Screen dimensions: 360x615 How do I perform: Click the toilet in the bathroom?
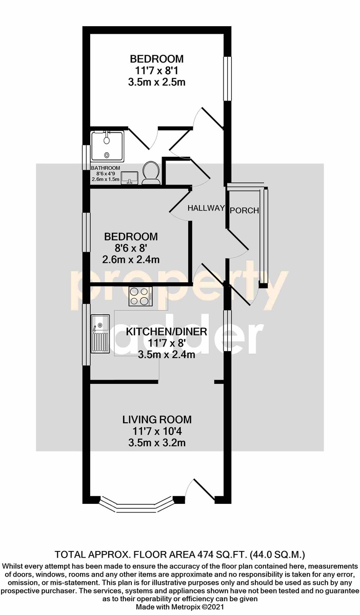pyautogui.click(x=151, y=173)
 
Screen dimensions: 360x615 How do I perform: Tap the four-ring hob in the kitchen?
pyautogui.click(x=141, y=296)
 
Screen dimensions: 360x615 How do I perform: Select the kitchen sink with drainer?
pyautogui.click(x=101, y=333)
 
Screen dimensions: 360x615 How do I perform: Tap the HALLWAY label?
pyautogui.click(x=206, y=208)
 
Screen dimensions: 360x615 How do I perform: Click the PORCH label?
pyautogui.click(x=244, y=211)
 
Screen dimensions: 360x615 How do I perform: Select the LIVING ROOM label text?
pyautogui.click(x=157, y=420)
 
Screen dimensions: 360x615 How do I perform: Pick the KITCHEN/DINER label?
pyautogui.click(x=166, y=332)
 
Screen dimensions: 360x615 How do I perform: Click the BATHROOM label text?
pyautogui.click(x=106, y=168)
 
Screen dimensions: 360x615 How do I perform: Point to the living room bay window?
pyautogui.click(x=136, y=504)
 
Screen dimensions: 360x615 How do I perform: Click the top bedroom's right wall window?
pyautogui.click(x=227, y=78)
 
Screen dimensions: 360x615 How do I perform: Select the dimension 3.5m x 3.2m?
pyautogui.click(x=157, y=443)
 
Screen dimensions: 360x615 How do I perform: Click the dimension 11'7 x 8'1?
pyautogui.click(x=157, y=71)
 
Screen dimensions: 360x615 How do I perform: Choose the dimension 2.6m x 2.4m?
pyautogui.click(x=131, y=260)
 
